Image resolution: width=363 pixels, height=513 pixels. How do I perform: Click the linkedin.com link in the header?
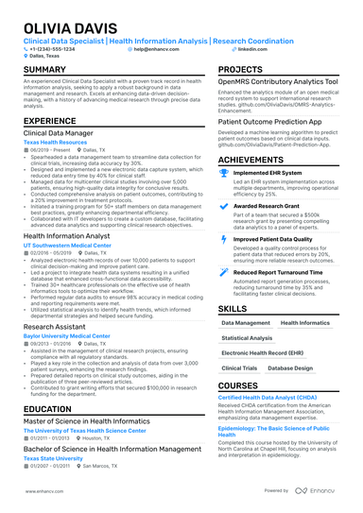pos(249,48)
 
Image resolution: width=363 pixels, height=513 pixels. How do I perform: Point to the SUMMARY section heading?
pos(44,71)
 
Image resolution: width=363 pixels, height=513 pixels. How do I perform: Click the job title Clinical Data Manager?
pos(63,134)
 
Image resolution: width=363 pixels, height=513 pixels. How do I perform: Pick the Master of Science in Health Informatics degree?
pos(95,420)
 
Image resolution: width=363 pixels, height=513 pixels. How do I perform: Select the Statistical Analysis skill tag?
pos(246,337)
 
